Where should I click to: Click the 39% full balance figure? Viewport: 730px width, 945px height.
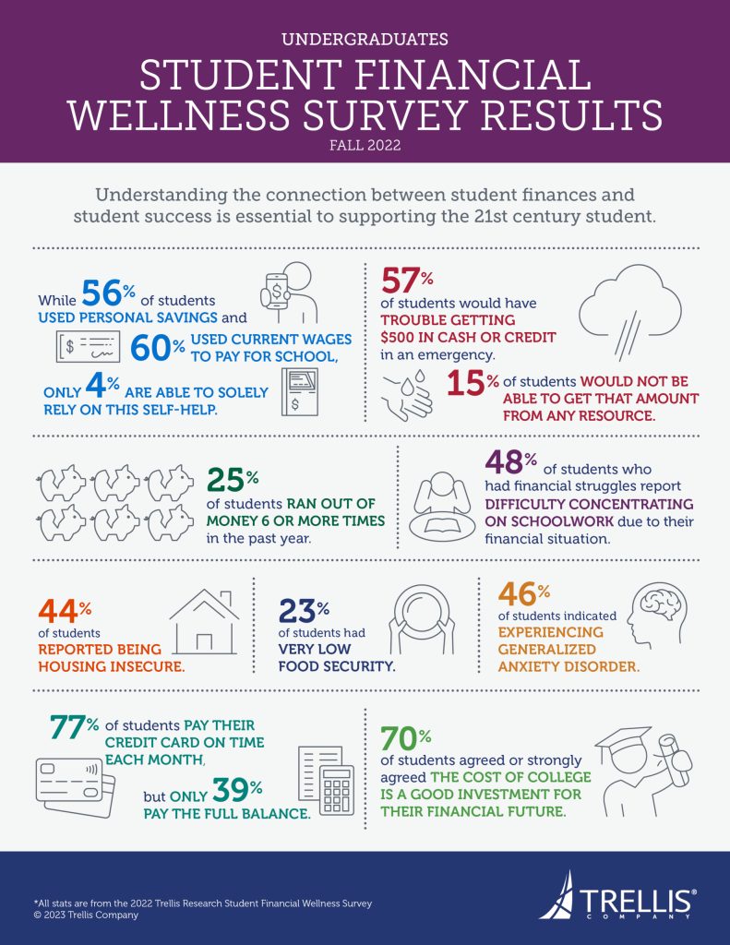(x=239, y=792)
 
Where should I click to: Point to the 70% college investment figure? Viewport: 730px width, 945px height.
(x=406, y=743)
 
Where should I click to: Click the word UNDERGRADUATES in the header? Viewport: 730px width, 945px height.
(x=365, y=39)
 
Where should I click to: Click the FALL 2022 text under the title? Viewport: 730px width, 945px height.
(x=365, y=144)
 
